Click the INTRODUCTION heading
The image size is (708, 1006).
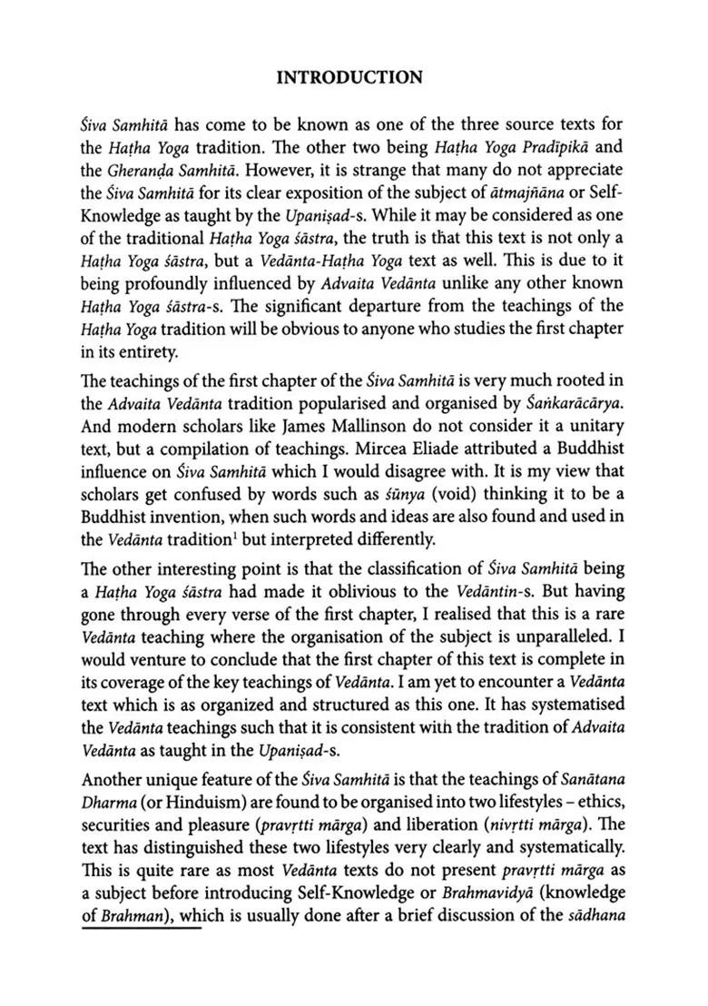tap(349, 77)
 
